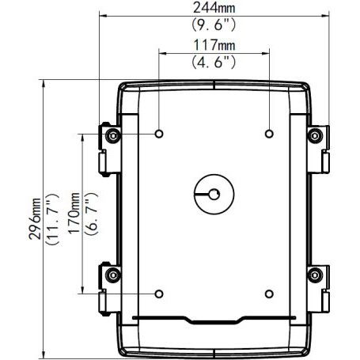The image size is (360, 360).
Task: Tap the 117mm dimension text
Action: [x=214, y=44]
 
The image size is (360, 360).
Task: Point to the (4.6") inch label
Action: [x=214, y=60]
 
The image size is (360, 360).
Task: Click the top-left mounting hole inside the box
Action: [x=161, y=133]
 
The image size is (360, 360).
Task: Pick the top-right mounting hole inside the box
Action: [x=269, y=133]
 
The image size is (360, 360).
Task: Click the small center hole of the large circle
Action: [x=214, y=193]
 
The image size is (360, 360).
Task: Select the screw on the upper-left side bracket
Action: [x=112, y=138]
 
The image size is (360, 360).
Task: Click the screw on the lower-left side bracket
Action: [x=112, y=277]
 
